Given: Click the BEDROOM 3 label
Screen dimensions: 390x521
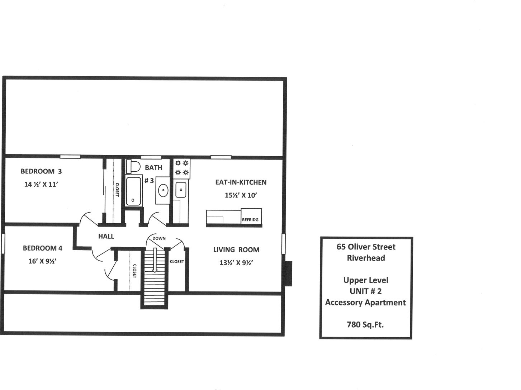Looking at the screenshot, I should click(41, 171).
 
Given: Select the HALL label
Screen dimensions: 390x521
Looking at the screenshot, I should click(106, 236).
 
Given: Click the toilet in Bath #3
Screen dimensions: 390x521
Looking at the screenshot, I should click(133, 166).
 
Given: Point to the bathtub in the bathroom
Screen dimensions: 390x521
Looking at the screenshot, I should click(134, 191).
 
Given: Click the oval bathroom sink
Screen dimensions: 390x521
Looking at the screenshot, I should click(163, 191).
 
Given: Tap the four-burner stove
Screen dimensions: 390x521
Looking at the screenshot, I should click(182, 168).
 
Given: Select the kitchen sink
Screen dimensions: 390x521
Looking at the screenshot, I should click(180, 189).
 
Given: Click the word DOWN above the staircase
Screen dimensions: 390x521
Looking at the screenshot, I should click(159, 238).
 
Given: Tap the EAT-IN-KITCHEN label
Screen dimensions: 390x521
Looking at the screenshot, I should click(241, 182).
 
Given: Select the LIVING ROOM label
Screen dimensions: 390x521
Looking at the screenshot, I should click(236, 250).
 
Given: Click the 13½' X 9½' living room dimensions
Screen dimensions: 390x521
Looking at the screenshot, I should click(236, 263).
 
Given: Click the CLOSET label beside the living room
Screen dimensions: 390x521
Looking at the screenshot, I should click(177, 262).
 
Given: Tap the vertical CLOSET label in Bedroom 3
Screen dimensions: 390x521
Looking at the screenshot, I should click(117, 190).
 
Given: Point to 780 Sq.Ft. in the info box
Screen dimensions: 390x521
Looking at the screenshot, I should click(365, 325).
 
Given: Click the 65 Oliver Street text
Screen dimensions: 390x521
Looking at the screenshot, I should click(366, 247).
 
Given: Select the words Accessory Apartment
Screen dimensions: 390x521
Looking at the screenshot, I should click(365, 303).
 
